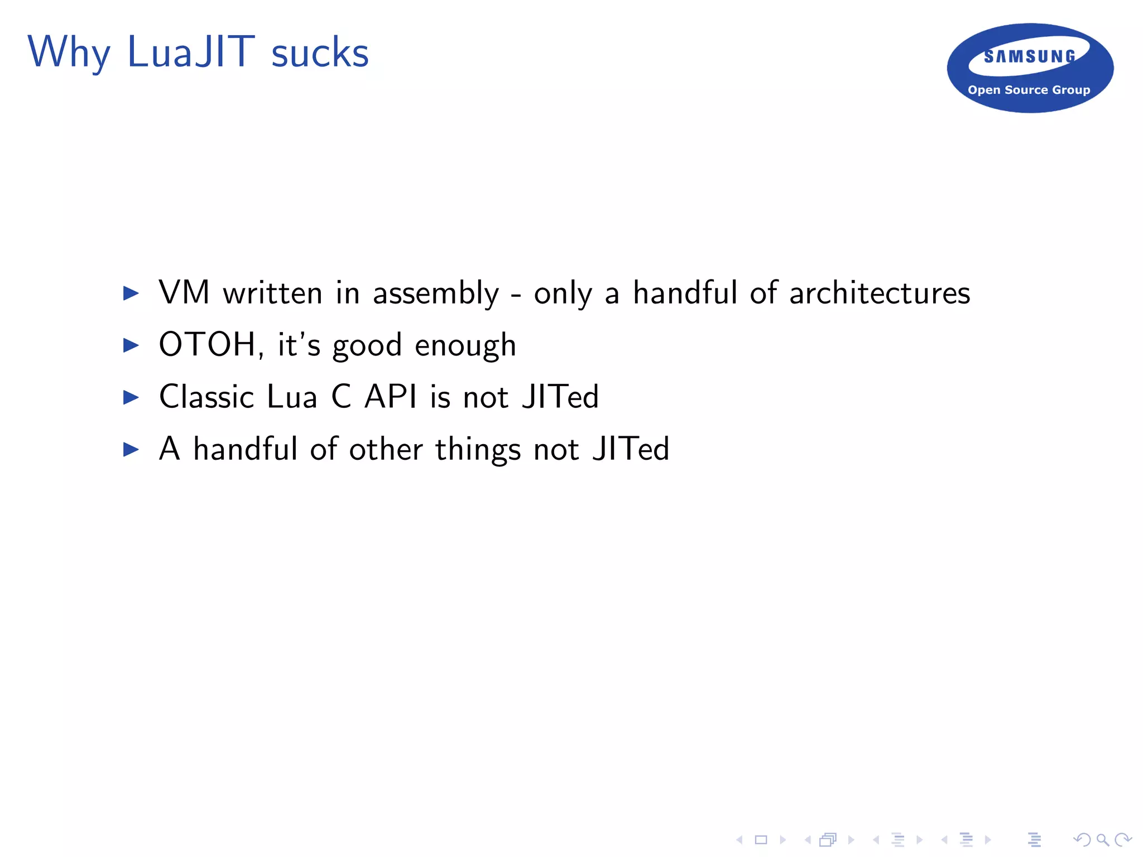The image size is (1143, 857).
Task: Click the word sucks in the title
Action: tap(320, 54)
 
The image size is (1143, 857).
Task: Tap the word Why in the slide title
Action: tap(68, 53)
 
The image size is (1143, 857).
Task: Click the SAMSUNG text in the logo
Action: tap(1030, 56)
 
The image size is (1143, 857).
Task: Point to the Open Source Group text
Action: tap(1029, 90)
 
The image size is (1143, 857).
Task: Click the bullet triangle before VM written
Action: tap(131, 293)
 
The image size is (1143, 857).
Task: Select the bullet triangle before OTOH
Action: tap(131, 345)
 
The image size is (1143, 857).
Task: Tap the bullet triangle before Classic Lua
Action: tap(131, 397)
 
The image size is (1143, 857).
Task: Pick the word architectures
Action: tap(880, 293)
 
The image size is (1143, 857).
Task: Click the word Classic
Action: tap(206, 397)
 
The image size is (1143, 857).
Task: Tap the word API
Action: tap(390, 397)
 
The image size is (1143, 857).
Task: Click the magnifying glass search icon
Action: tap(1102, 839)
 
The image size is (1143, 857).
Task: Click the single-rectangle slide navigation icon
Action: tap(761, 839)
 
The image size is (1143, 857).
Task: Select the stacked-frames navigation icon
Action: tap(828, 839)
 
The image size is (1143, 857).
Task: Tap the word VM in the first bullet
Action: tap(184, 292)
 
